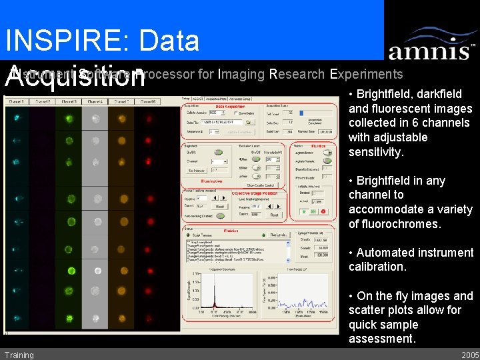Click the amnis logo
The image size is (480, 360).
click(431, 45)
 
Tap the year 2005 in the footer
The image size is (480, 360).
click(469, 355)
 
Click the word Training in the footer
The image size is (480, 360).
click(19, 355)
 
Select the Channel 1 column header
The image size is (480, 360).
click(15, 101)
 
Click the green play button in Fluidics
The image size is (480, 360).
click(304, 211)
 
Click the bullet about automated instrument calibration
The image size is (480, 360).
click(411, 259)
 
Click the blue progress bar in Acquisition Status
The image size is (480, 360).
click(301, 113)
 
